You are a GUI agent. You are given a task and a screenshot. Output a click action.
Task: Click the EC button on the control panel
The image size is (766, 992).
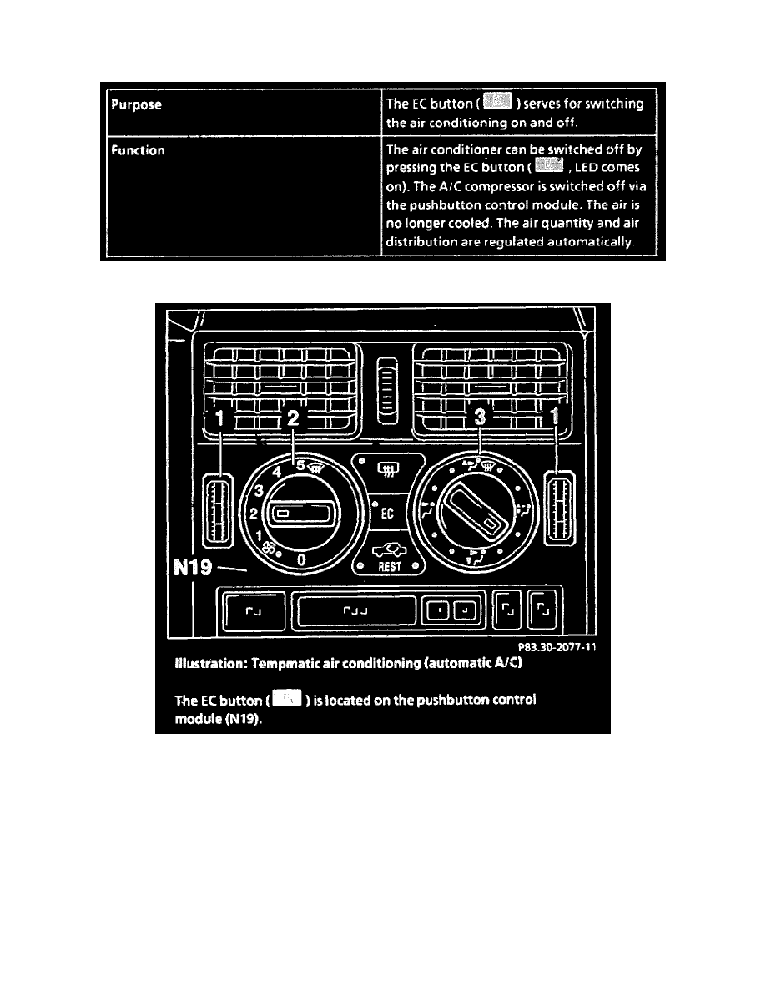pyautogui.click(x=387, y=514)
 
